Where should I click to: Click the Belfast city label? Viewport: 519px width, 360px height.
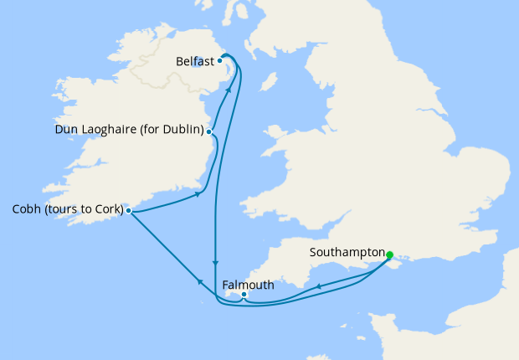coord(195,61)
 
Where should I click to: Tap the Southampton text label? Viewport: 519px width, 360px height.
coord(346,252)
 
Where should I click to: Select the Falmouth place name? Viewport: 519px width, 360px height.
coord(248,285)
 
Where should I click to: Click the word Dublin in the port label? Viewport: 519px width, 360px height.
coord(183,131)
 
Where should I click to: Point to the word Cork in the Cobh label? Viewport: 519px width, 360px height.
coord(108,209)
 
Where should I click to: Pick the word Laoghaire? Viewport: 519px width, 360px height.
coord(110,131)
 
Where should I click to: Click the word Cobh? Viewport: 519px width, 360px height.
coord(27,209)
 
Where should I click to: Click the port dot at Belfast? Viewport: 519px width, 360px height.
coord(219,60)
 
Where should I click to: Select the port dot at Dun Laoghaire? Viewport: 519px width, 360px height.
coord(209,131)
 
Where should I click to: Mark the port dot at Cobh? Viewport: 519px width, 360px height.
coord(128,210)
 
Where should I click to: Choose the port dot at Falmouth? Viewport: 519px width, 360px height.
coord(244,295)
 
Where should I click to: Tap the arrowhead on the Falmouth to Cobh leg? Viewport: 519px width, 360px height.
coord(198,282)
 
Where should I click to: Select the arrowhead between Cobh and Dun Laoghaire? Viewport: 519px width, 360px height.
coord(199,194)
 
